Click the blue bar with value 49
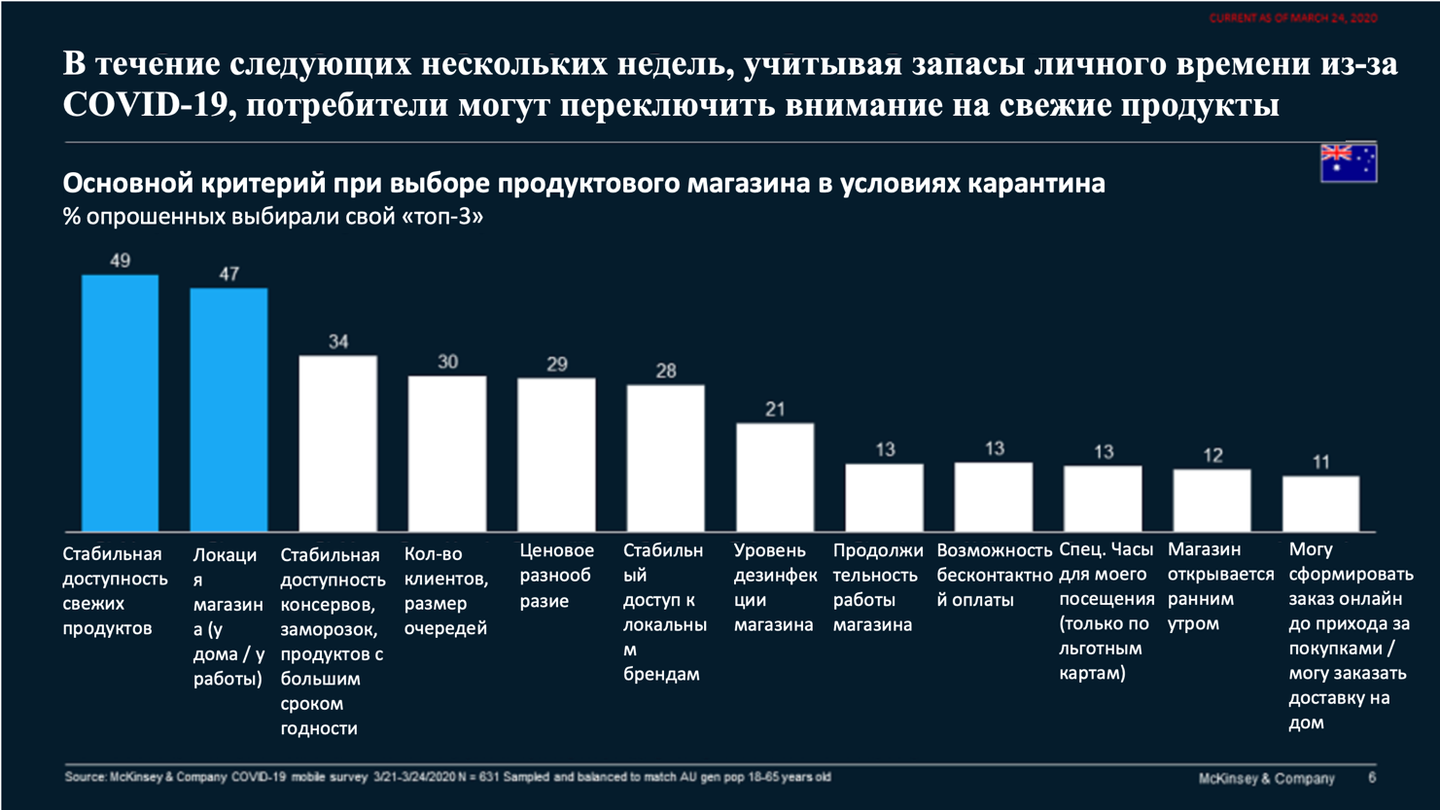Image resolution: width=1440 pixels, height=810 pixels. click(120, 403)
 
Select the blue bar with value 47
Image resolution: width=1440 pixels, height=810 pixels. click(228, 409)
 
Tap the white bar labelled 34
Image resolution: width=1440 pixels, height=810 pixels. click(337, 443)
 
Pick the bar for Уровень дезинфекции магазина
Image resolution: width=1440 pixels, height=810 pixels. click(774, 476)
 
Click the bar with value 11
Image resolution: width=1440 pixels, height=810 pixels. click(1320, 504)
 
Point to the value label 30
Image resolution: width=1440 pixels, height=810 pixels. click(447, 362)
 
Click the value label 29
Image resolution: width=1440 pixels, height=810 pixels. click(556, 365)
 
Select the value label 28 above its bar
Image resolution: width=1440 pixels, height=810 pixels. click(665, 370)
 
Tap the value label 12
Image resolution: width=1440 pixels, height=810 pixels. click(1212, 455)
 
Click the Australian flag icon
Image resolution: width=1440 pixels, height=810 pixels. click(1348, 162)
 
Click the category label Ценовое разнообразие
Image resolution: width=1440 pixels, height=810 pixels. click(555, 576)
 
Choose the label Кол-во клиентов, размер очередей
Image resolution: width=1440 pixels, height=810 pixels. click(445, 591)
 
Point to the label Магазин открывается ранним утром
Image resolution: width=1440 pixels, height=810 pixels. click(1220, 586)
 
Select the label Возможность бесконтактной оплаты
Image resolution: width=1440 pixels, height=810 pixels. click(994, 575)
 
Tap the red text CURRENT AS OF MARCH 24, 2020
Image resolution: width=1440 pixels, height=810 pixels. click(1292, 18)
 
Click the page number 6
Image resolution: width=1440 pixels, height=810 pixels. click(1372, 778)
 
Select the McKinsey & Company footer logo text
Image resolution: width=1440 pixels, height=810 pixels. click(1266, 778)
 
